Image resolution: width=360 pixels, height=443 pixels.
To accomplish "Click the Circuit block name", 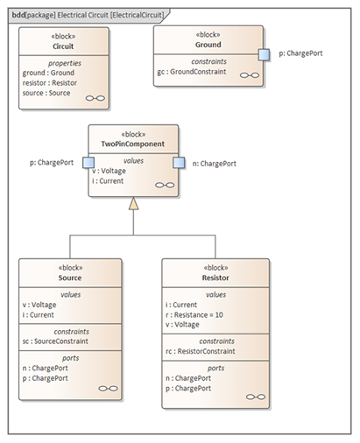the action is [x=63, y=46].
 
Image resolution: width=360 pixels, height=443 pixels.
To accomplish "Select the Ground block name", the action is [x=208, y=45].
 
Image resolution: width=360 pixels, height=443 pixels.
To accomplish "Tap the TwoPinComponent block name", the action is [x=133, y=144].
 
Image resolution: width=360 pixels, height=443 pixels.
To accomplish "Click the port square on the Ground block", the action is [x=264, y=55].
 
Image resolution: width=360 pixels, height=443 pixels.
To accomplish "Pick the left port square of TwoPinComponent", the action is [x=88, y=163].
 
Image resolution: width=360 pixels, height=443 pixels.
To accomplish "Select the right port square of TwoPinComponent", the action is [x=179, y=163].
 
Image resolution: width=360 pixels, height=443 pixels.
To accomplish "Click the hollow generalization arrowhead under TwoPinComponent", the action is [x=133, y=203].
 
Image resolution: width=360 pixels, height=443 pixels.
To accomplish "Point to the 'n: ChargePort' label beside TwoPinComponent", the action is [x=215, y=164].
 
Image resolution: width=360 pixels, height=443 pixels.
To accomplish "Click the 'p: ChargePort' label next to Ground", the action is [x=300, y=53].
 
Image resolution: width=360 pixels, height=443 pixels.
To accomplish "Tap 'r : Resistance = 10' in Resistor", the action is [x=194, y=315].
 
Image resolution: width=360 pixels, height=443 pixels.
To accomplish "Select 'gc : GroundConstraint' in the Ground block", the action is [x=192, y=72].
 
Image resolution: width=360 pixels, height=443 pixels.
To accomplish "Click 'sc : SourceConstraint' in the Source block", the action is [x=55, y=341].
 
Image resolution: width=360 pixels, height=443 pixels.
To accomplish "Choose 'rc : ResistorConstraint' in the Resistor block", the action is [x=201, y=351].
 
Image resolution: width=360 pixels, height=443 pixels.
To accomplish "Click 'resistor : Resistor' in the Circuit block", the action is [x=50, y=83].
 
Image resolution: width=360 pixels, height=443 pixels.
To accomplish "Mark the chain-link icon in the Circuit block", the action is [x=95, y=98].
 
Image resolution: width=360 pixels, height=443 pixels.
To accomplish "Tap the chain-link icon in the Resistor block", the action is [x=256, y=397].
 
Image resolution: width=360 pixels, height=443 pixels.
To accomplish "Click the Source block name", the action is [x=70, y=278].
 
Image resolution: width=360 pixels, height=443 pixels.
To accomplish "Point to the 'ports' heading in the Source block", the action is [x=71, y=358].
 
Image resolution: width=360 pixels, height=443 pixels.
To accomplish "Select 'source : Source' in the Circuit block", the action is [x=46, y=93].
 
